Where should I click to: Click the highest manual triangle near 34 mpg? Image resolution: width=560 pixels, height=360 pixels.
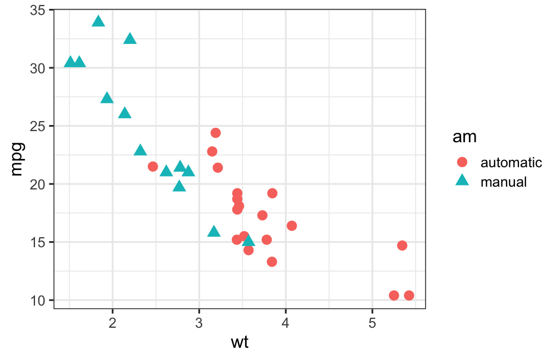coord(98,22)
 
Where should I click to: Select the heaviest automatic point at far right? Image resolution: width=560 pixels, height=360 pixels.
coord(409,296)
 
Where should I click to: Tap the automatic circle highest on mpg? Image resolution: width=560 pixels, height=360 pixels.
coord(216,133)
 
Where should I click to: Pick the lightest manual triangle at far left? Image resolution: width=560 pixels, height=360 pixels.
coord(70,62)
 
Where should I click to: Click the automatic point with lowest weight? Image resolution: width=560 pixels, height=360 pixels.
coord(153,167)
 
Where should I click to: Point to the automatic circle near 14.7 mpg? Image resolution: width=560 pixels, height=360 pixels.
coord(402,246)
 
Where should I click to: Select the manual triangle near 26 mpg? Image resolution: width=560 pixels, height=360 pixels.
coord(125,113)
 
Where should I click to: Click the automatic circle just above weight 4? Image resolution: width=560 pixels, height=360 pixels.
coord(292,226)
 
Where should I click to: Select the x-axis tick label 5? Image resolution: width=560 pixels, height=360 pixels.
coord(372,322)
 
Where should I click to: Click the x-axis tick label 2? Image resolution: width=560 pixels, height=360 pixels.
coord(113,322)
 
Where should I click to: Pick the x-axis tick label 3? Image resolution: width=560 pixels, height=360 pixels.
coord(199,322)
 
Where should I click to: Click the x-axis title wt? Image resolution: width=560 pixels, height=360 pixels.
coord(239,343)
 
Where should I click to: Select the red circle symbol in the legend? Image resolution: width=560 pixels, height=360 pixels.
coord(462,162)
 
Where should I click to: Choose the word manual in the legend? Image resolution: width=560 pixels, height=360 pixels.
coord(503,181)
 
